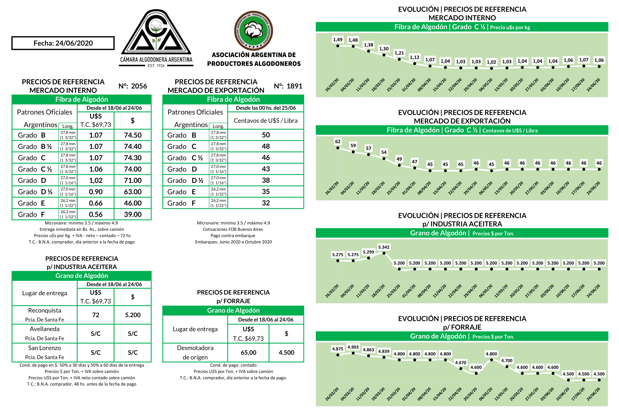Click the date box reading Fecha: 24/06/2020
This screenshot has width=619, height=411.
tap(63, 43)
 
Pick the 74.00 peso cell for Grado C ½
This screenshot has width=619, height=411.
tap(133, 169)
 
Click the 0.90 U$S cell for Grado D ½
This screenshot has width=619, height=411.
tap(96, 192)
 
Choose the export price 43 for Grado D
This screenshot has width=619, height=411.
tap(266, 169)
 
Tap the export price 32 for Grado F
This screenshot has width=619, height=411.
tap(266, 203)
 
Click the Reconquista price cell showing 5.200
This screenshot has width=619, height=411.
tap(133, 315)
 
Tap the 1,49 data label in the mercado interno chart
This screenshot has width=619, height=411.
tap(338, 40)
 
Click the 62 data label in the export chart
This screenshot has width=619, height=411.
tap(338, 142)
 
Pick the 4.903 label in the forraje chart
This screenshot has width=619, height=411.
tap(353, 347)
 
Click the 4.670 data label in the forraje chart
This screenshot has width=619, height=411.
tap(460, 362)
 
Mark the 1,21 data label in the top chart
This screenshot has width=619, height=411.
tap(399, 53)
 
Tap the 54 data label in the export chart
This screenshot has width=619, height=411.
tap(384, 152)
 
